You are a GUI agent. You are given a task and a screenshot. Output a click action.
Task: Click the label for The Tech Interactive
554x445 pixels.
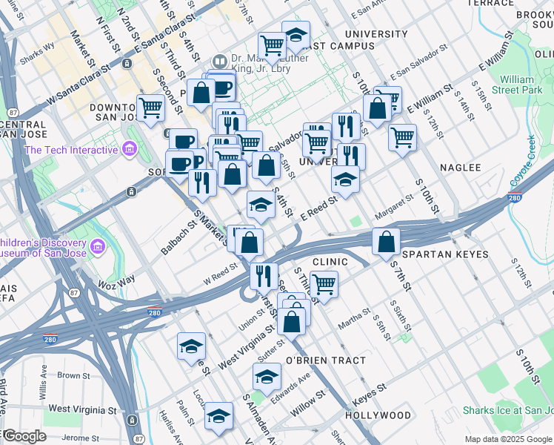[x=71, y=150]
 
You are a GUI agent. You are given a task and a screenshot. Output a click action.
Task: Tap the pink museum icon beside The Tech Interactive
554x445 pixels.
[x=130, y=151]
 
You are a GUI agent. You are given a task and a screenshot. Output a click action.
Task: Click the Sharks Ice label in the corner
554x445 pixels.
[x=507, y=410]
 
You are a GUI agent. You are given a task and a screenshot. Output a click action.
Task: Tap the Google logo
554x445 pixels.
[x=24, y=436]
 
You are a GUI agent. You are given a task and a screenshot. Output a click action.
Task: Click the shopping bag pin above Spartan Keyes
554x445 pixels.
[x=387, y=242]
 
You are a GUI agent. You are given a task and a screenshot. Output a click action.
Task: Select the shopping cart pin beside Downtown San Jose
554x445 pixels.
[x=150, y=107]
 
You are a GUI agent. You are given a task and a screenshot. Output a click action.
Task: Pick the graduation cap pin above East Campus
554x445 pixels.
[x=296, y=34]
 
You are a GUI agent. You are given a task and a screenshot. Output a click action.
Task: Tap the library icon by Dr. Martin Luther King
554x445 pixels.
[x=219, y=61]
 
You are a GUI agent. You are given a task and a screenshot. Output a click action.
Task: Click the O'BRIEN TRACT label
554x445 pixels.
[x=325, y=360]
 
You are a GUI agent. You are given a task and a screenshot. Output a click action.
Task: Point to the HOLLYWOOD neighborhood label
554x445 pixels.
[x=378, y=415]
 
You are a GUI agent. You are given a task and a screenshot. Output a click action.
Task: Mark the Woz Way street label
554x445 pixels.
[x=116, y=280]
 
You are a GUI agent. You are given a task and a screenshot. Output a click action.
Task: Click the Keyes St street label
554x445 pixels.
[x=369, y=389]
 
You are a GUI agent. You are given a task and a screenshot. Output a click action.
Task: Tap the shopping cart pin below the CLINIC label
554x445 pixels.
[x=324, y=283]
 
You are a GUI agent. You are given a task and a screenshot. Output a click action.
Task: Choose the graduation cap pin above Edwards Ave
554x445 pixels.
[x=267, y=376]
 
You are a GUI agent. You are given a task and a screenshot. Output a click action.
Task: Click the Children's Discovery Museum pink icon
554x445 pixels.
[x=96, y=245]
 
